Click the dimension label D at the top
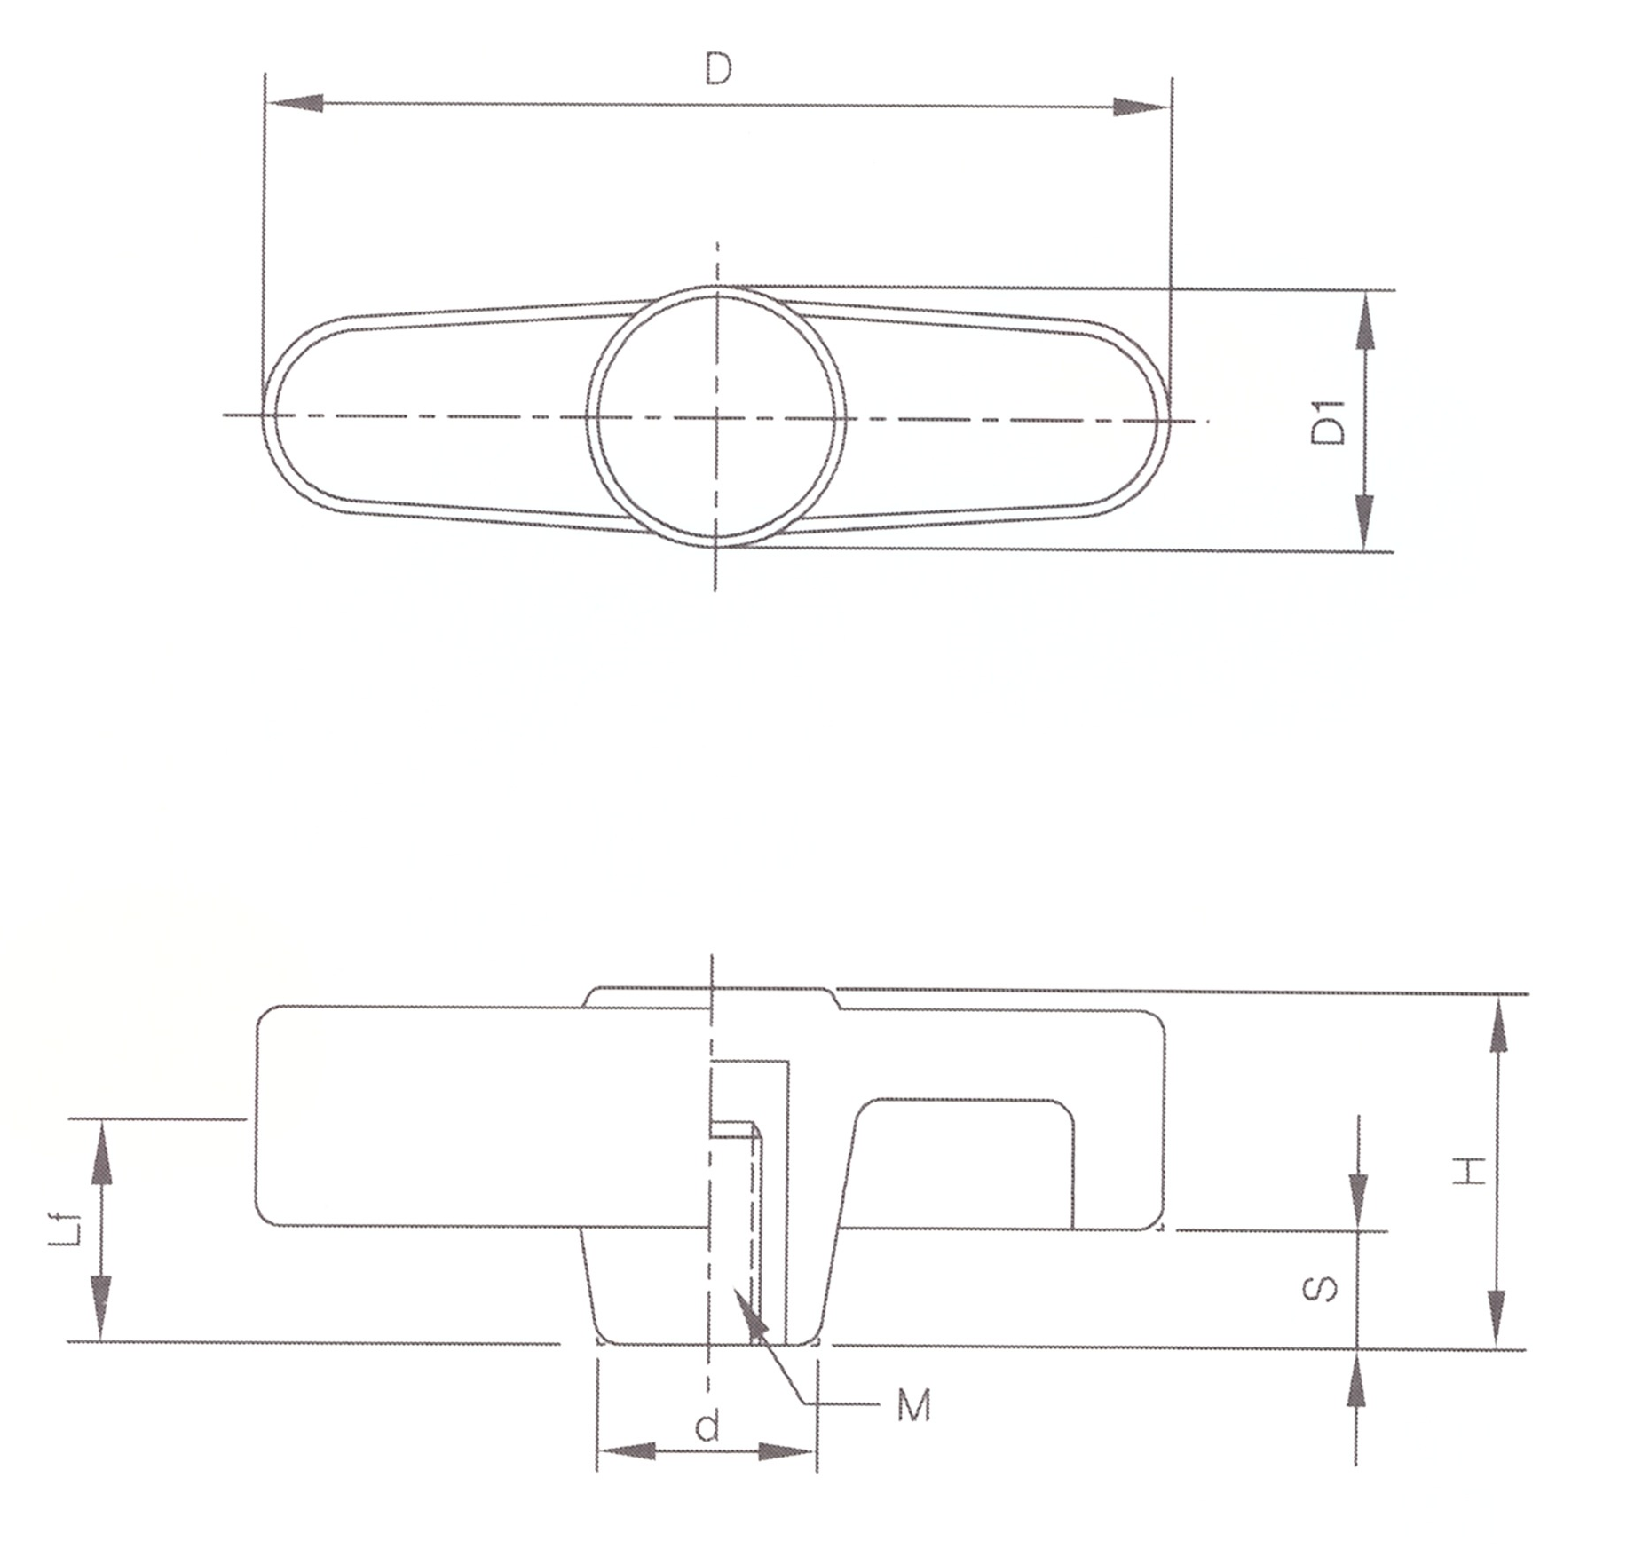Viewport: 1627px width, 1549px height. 718,68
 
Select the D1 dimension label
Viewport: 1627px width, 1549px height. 1329,423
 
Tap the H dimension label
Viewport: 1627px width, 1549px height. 1470,1171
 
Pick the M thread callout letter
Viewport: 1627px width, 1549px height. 913,1405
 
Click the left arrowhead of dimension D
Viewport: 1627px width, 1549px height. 294,103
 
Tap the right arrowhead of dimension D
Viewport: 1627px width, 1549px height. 1143,107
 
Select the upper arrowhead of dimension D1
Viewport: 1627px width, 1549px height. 1365,320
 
